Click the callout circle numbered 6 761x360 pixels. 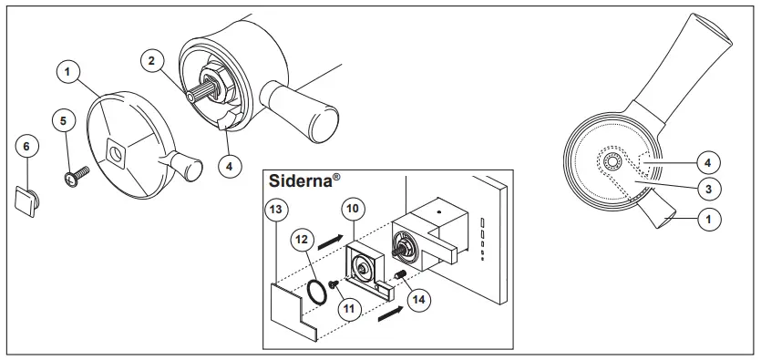point(26,147)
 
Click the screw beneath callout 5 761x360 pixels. point(72,176)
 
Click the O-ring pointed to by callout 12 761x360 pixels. point(314,291)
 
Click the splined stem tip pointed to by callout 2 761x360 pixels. point(188,93)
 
